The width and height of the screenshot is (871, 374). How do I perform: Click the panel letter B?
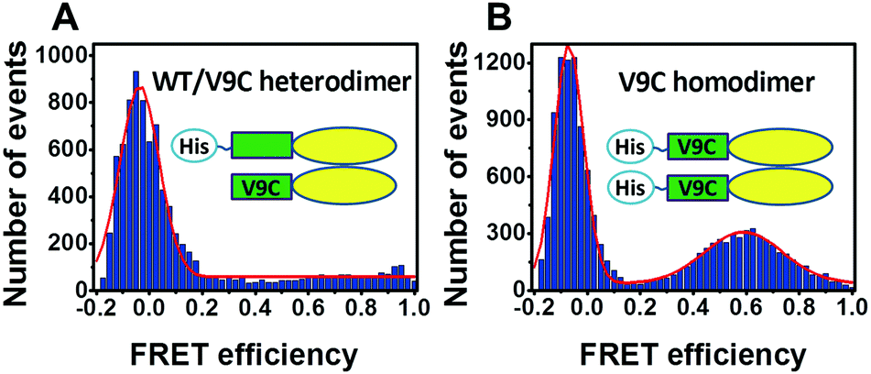(492, 18)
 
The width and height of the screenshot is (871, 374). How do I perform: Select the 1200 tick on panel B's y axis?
(502, 62)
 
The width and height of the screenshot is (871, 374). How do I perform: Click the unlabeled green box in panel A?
(262, 145)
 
